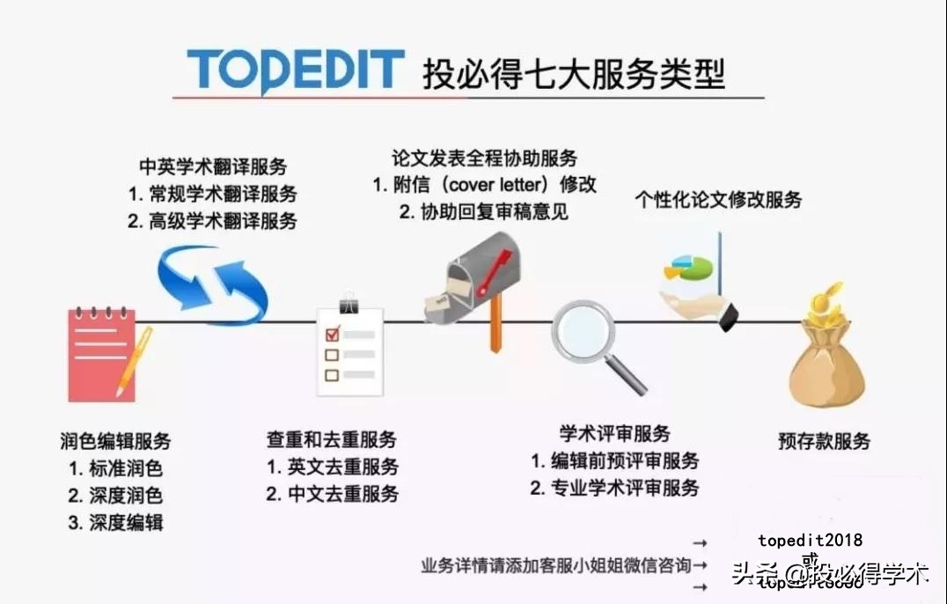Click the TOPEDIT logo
pos(295,70)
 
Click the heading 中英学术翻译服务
pos(213,166)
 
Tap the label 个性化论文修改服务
pos(718,199)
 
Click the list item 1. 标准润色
pos(115,468)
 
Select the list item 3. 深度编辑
pos(115,522)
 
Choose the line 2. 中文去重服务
pos(332,493)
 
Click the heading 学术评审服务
pos(614,433)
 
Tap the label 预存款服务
pos(824,440)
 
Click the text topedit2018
pos(810,541)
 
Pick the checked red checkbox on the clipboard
pos(332,335)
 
